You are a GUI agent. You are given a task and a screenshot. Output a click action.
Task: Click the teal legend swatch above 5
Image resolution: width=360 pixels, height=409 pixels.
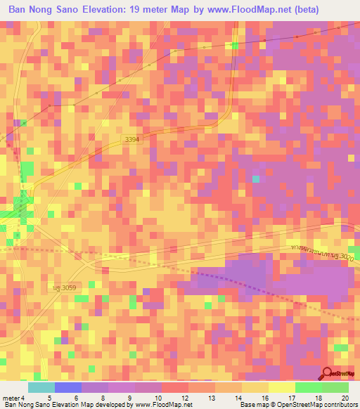(41, 387)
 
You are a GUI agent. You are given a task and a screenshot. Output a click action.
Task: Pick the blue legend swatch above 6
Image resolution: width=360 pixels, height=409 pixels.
(68, 387)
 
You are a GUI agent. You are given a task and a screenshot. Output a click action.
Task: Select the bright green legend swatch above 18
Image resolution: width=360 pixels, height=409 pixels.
(308, 387)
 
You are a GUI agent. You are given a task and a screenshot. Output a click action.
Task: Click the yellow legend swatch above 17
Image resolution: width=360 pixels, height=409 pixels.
(281, 387)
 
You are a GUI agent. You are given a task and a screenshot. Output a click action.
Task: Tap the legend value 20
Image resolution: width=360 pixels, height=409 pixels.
(345, 398)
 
